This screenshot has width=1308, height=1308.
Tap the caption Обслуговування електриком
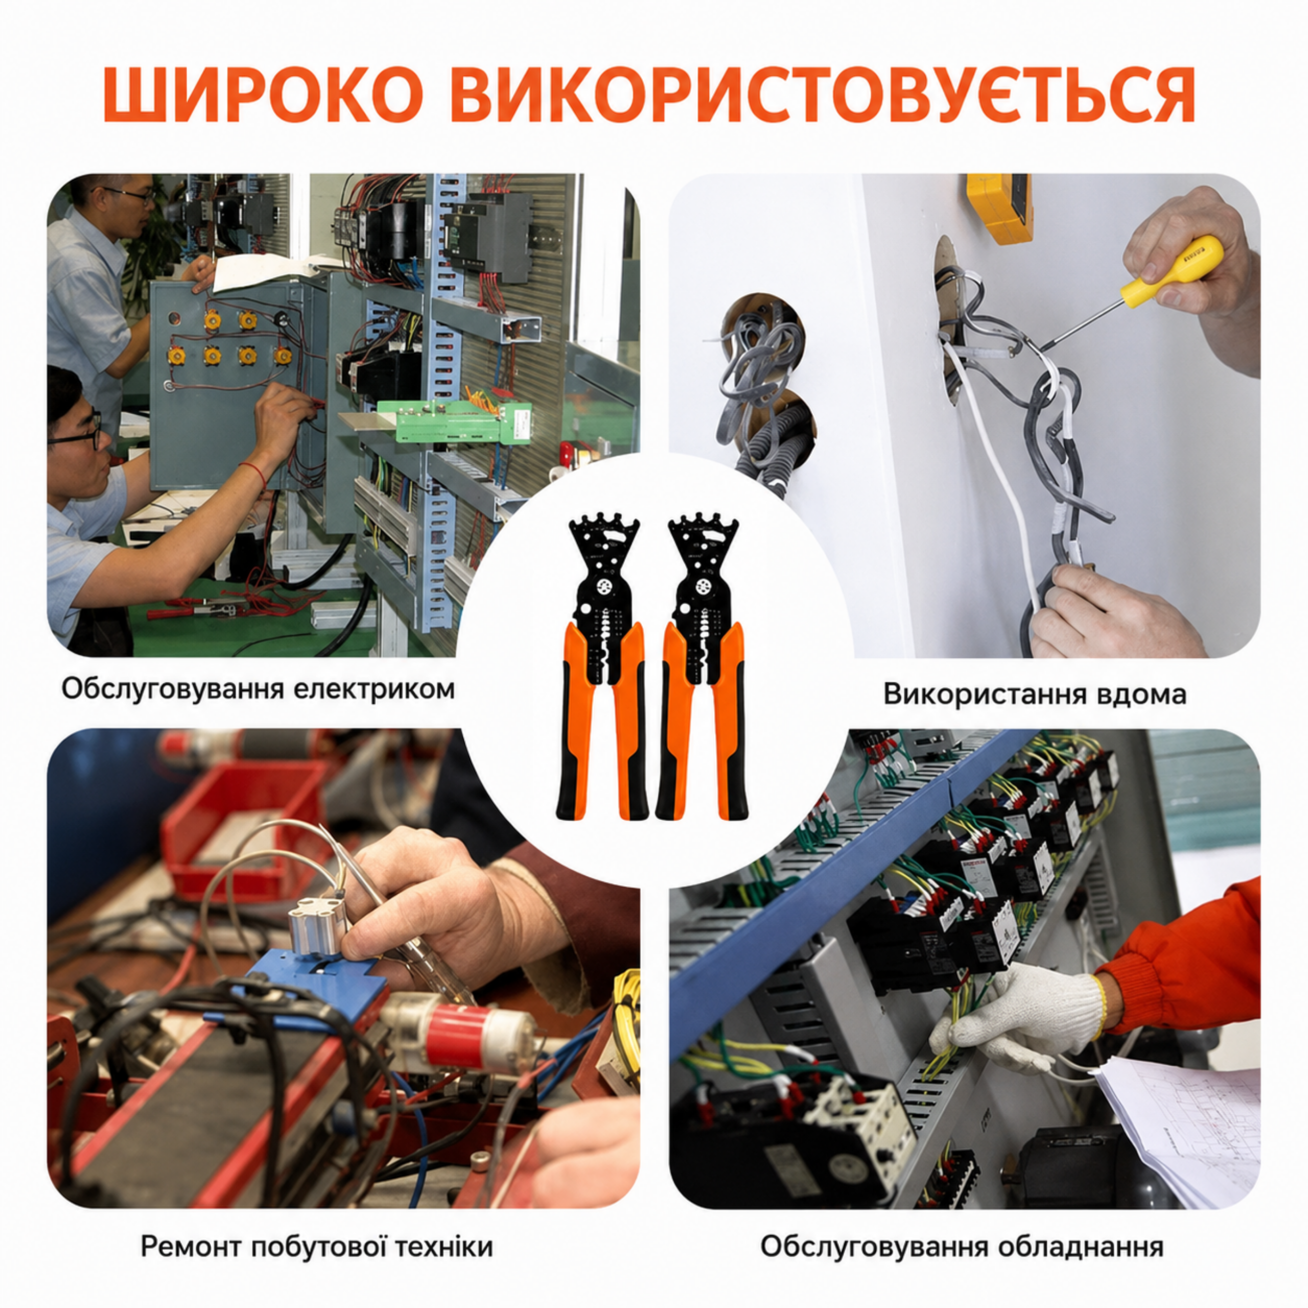[x=258, y=690]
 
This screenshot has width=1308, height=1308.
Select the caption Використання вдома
[x=1035, y=695]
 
